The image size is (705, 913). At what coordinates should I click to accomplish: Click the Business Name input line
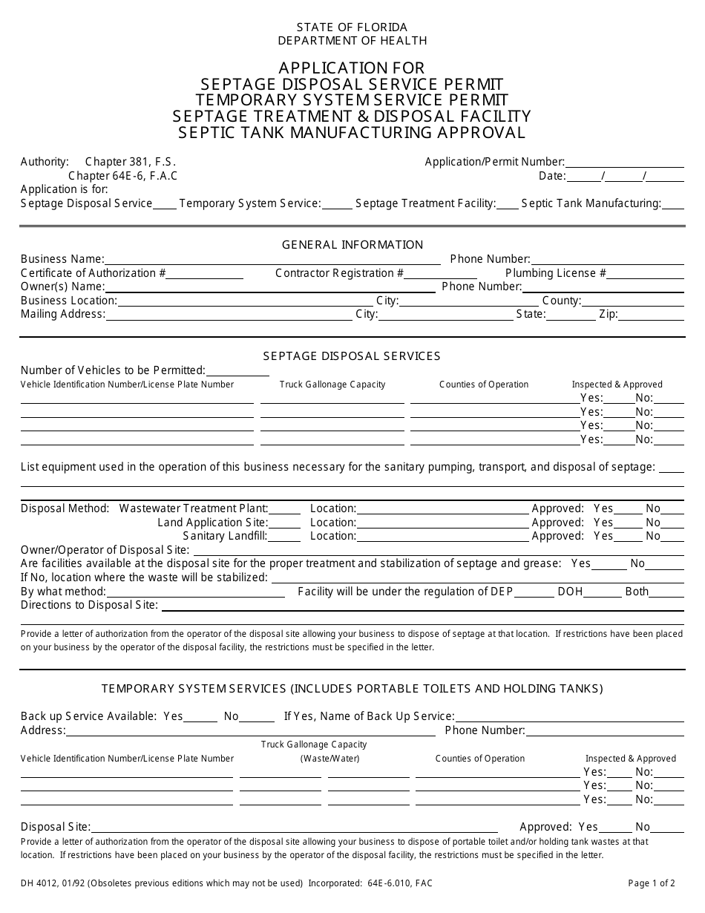tap(273, 260)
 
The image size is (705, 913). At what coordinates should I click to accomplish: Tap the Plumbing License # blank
tap(645, 274)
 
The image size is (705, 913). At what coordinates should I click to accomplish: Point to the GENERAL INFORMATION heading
tap(352, 245)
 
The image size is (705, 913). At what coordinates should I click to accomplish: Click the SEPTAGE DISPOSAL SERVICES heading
tap(352, 356)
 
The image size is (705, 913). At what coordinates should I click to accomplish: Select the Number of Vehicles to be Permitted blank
tap(237, 371)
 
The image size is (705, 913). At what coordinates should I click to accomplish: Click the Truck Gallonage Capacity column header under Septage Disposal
tap(332, 384)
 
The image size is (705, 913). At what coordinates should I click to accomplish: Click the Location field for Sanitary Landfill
tap(442, 537)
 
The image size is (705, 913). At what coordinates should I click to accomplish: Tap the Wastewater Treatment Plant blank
tap(285, 510)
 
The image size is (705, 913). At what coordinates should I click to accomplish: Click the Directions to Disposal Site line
tap(422, 606)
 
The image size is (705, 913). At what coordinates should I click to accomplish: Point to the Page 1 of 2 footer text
tap(652, 883)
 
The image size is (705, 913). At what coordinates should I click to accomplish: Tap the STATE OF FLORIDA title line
tap(352, 27)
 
